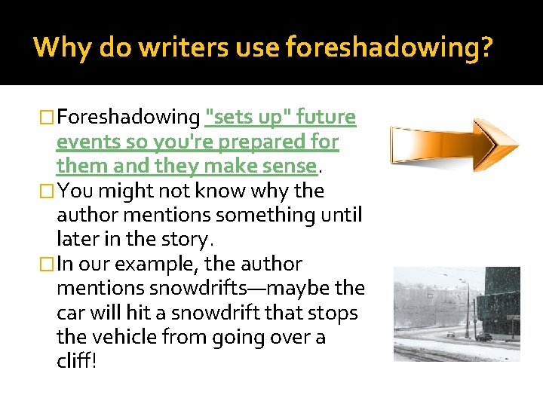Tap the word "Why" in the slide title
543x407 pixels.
pyautogui.click(x=60, y=48)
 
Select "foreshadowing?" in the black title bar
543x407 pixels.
pyautogui.click(x=389, y=48)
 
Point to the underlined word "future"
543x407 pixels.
pyautogui.click(x=326, y=118)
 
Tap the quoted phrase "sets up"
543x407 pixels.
pyautogui.click(x=245, y=118)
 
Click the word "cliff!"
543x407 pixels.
pyautogui.click(x=76, y=362)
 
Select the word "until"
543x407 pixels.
pyautogui.click(x=340, y=215)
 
